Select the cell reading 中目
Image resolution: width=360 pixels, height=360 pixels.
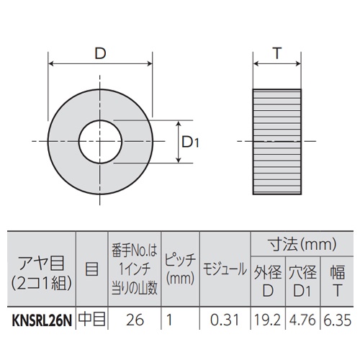(x=91, y=318)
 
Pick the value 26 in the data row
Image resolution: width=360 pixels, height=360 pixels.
(x=132, y=318)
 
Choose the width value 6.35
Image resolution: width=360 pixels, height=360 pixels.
(x=335, y=318)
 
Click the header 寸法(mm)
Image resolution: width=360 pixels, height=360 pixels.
(x=300, y=243)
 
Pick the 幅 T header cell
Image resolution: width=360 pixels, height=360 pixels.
(x=335, y=282)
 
